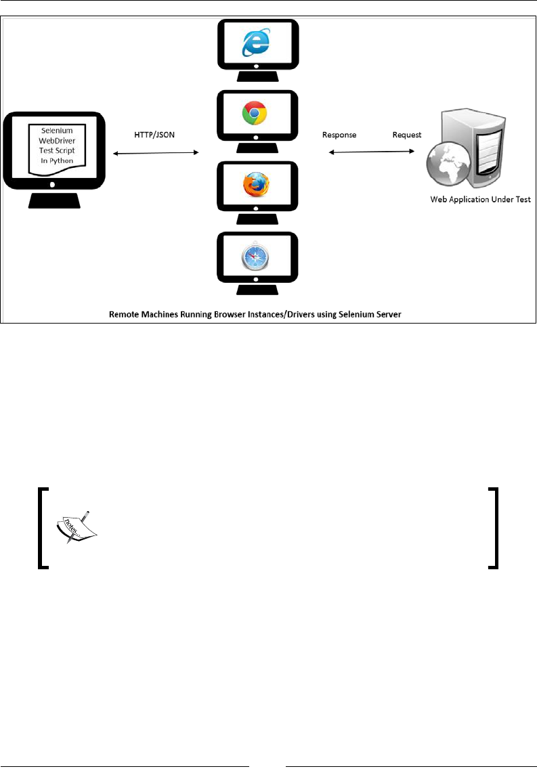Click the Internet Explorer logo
coord(257,43)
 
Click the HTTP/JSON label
coord(155,135)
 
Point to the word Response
coord(339,135)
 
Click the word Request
coord(407,135)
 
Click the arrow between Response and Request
coord(372,153)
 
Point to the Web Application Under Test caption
coord(480,200)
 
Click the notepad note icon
coord(75,527)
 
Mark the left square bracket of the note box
coord(42,527)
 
